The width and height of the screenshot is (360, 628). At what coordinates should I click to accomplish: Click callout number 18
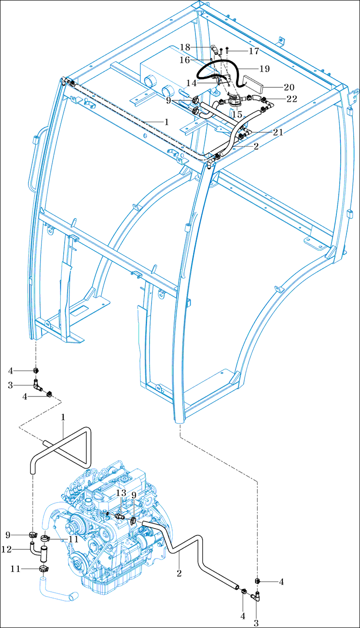click(185, 47)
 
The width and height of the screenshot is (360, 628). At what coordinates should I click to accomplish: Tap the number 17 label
click(254, 51)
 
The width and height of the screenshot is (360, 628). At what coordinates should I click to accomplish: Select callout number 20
click(289, 87)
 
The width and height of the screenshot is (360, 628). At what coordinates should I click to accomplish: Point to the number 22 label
click(292, 99)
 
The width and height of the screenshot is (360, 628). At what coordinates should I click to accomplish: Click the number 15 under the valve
click(237, 114)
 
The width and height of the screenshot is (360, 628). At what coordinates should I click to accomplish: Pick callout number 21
click(278, 132)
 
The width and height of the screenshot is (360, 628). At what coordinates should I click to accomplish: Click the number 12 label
click(6, 549)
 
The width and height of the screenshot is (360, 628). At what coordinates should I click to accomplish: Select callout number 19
click(264, 68)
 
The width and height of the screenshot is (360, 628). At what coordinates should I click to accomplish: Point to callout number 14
click(192, 83)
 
